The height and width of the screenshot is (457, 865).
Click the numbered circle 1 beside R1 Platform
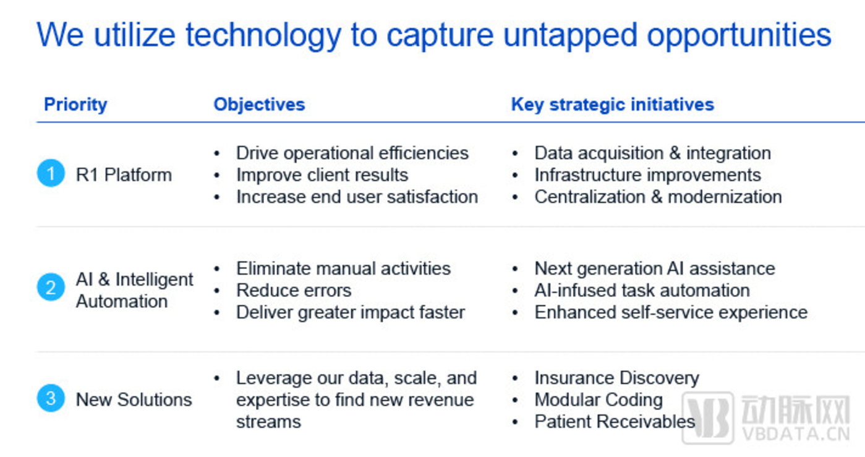click(51, 173)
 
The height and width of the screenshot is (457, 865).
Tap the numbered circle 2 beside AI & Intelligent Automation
click(51, 287)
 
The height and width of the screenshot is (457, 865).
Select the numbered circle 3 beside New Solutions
click(51, 398)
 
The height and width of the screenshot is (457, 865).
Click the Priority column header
click(75, 105)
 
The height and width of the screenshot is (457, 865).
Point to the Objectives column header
click(260, 105)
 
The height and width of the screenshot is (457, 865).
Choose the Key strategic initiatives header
click(613, 105)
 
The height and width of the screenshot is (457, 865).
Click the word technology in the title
click(263, 35)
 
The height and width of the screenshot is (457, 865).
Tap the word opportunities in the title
click(739, 35)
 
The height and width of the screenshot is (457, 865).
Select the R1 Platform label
click(124, 174)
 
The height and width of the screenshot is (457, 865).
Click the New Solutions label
click(134, 399)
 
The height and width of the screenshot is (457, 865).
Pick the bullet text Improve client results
click(322, 175)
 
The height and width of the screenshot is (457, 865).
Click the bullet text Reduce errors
click(294, 291)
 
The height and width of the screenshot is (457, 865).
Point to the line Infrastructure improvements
click(647, 175)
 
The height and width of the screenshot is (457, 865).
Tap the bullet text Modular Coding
click(599, 400)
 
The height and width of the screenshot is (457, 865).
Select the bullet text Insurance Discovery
click(616, 378)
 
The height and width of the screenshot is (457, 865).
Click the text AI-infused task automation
click(642, 291)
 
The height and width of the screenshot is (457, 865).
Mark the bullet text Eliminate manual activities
click(343, 268)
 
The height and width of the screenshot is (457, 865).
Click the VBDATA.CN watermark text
click(796, 434)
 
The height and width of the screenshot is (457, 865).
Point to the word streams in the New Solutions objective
click(268, 422)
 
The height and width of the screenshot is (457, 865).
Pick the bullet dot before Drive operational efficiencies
click(217, 153)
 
